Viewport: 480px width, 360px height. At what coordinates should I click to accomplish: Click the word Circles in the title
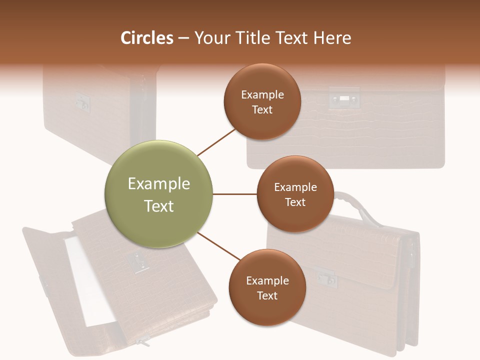click(x=147, y=38)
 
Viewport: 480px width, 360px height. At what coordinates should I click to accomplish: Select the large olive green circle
click(x=159, y=194)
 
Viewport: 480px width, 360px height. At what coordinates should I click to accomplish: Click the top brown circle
click(x=262, y=101)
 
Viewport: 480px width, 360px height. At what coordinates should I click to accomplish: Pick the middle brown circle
click(x=295, y=194)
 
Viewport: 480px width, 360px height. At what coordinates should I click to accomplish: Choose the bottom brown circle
click(x=267, y=287)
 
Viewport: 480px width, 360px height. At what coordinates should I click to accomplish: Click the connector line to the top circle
click(x=217, y=142)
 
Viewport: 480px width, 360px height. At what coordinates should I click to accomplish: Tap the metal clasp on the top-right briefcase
click(x=344, y=98)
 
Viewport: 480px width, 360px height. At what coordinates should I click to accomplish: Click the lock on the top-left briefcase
click(x=83, y=101)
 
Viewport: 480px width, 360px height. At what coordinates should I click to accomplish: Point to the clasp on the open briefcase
click(x=135, y=261)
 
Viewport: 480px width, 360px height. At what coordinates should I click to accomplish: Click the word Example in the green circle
click(x=159, y=184)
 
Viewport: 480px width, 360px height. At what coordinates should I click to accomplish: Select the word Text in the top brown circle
click(x=262, y=110)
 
